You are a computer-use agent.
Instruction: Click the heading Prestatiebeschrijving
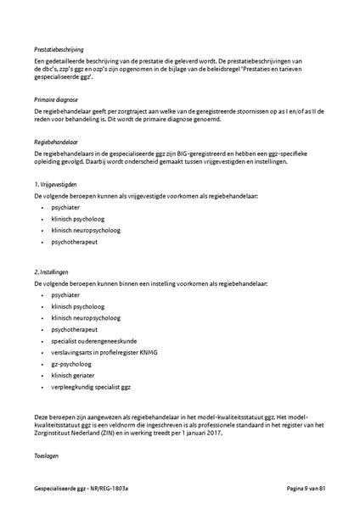click(x=59, y=50)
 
